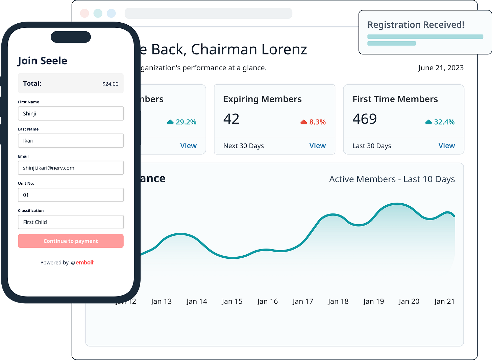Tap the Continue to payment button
(71, 241)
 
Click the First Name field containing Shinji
(71, 113)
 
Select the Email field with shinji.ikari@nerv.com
(71, 168)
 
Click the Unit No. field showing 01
(71, 195)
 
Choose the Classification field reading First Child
(71, 222)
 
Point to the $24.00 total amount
(110, 84)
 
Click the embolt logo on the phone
(82, 262)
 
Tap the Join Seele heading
(43, 61)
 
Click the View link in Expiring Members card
(317, 146)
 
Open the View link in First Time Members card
(446, 146)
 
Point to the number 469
(364, 119)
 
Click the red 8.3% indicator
(313, 122)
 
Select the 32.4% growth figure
(440, 122)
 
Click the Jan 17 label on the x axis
(303, 301)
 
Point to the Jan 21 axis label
(444, 301)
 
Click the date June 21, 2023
(441, 68)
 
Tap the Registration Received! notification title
(416, 25)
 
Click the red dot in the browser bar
(84, 13)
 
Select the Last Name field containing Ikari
(71, 140)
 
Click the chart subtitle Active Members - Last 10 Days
(392, 179)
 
